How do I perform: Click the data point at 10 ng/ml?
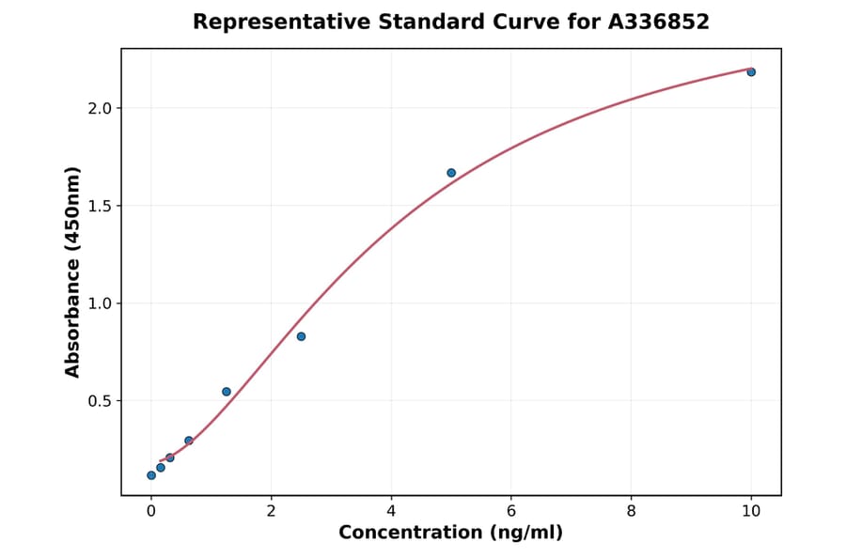tap(751, 72)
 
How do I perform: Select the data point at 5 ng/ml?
tap(451, 173)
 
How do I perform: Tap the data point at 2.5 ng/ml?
tap(301, 336)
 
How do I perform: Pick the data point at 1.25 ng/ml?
tap(227, 392)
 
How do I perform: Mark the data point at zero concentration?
tap(151, 475)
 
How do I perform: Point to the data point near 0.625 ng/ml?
tap(189, 441)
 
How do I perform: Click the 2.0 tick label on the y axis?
tap(100, 108)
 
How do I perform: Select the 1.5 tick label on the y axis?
tap(100, 206)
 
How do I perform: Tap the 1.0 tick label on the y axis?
tap(100, 303)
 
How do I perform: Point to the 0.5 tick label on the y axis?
tap(100, 401)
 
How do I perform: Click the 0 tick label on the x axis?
tap(151, 510)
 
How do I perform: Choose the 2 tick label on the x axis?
tap(271, 510)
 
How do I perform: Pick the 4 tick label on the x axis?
tap(391, 510)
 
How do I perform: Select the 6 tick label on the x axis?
tap(511, 510)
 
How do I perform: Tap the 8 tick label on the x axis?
tap(631, 510)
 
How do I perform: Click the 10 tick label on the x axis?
tap(751, 510)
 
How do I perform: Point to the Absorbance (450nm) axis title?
tap(73, 271)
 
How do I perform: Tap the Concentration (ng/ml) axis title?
tap(450, 533)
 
